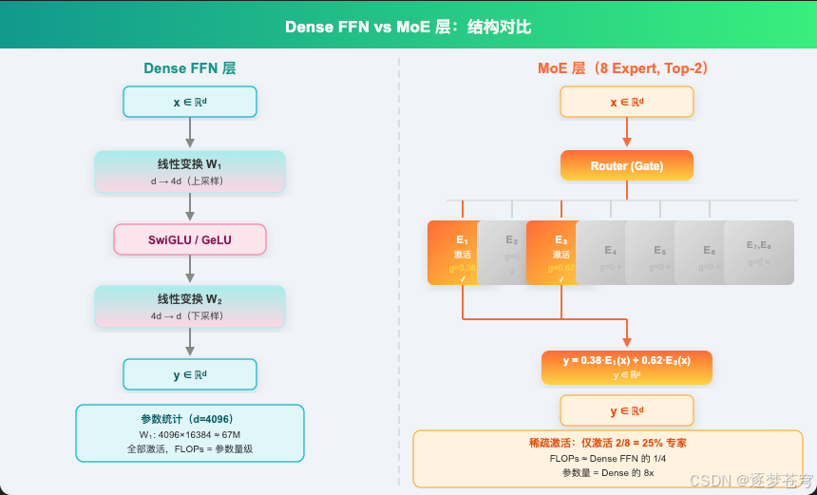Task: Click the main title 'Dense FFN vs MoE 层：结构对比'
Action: pyautogui.click(x=408, y=27)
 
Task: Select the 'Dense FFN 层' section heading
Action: pyautogui.click(x=190, y=68)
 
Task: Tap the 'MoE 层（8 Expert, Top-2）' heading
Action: pyautogui.click(x=626, y=68)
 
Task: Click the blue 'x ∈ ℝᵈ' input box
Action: pyautogui.click(x=190, y=102)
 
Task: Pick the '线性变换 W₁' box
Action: pyautogui.click(x=190, y=171)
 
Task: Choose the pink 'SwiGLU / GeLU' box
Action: pyautogui.click(x=190, y=239)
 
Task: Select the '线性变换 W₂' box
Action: pyautogui.click(x=190, y=307)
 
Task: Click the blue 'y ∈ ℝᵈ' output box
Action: pyautogui.click(x=190, y=374)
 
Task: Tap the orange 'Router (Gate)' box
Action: pyautogui.click(x=626, y=165)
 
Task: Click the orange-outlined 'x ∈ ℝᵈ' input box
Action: pyautogui.click(x=626, y=102)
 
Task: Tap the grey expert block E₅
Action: pyautogui.click(x=658, y=253)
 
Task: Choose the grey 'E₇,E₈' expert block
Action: pyautogui.click(x=758, y=253)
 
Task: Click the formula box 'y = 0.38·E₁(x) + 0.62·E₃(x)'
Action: pyautogui.click(x=626, y=367)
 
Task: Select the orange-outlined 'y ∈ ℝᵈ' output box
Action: pyautogui.click(x=626, y=410)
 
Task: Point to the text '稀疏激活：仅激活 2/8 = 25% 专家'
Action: pyautogui.click(x=607, y=443)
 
